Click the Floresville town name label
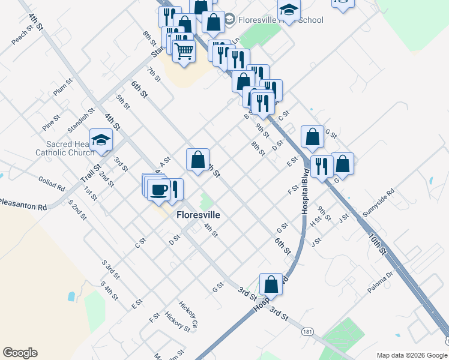click(x=197, y=215)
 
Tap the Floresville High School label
click(x=280, y=20)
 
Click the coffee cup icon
click(x=159, y=189)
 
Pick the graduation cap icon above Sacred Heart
click(x=101, y=140)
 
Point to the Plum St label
click(x=63, y=87)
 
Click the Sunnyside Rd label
click(x=378, y=203)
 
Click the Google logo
click(x=20, y=353)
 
